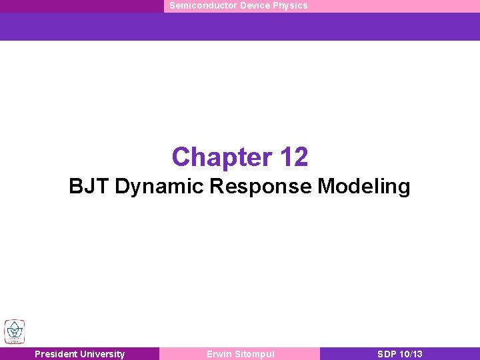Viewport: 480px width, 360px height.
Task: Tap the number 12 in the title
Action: click(x=294, y=157)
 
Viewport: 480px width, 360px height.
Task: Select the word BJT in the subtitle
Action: click(x=89, y=187)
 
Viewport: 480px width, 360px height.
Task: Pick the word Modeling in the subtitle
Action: click(x=364, y=187)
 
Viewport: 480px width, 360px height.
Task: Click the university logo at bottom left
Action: click(x=13, y=332)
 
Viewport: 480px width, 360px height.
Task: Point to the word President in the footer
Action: click(x=55, y=354)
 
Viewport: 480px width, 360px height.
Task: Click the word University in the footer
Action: click(x=101, y=354)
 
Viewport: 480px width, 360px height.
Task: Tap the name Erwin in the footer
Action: click(x=219, y=354)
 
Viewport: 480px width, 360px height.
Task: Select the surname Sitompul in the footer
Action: click(x=254, y=354)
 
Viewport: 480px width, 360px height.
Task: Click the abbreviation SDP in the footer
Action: click(x=387, y=354)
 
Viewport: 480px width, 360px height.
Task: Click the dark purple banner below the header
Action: click(x=240, y=27)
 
